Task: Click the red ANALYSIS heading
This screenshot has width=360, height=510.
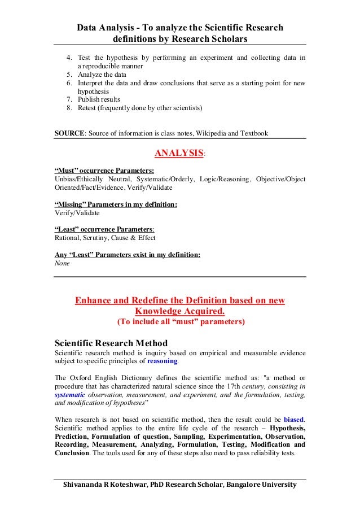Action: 178,153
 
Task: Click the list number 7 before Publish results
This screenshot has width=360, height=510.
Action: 69,99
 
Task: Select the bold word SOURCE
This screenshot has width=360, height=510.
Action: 68,134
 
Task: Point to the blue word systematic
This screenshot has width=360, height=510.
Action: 68,395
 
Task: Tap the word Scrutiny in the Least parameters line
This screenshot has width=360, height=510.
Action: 101,238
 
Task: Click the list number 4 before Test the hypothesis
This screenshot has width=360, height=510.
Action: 69,58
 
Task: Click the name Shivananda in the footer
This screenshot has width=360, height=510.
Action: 85,485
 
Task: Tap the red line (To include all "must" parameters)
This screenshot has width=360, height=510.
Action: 180,322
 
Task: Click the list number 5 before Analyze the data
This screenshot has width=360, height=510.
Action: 69,74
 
